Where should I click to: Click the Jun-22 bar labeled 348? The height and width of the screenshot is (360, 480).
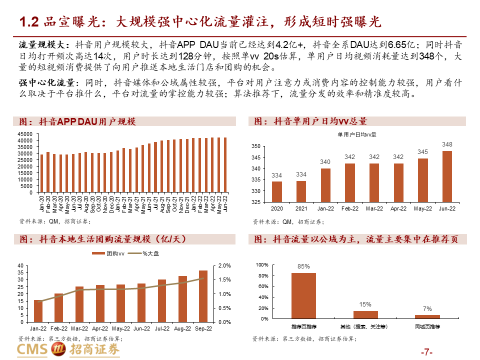[447, 176]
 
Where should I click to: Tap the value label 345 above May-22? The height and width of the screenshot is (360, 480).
[422, 151]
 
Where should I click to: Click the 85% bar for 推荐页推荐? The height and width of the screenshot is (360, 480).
[303, 295]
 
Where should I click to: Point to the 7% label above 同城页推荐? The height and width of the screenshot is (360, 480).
[427, 308]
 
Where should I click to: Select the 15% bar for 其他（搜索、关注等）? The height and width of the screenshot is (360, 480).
[365, 314]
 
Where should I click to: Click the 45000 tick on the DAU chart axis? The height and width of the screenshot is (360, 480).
[24, 134]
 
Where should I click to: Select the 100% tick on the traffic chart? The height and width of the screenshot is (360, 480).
[262, 265]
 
